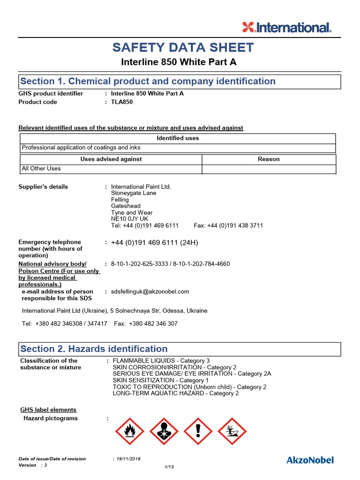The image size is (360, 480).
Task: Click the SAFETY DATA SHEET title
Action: [x=183, y=47]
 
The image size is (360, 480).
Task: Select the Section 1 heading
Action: [x=148, y=81]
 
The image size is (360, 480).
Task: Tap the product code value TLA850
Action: [x=122, y=102]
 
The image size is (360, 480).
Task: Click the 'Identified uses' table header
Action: [x=178, y=138]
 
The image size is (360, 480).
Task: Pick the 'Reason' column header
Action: [x=269, y=159]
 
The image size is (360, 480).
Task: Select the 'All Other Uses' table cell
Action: [x=41, y=168]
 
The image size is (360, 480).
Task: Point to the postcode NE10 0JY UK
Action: [x=129, y=219]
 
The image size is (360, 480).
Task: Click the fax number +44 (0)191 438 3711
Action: [x=228, y=225]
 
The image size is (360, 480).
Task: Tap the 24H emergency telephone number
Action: [x=155, y=242]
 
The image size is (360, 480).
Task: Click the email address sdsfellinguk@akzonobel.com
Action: [x=150, y=292]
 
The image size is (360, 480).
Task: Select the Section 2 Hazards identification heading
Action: [x=94, y=349]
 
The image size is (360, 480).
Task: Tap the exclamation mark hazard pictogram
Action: [x=198, y=431]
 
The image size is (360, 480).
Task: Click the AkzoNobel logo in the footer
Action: [x=310, y=460]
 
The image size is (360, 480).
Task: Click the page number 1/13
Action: [x=169, y=467]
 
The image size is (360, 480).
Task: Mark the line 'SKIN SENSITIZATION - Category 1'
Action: [x=161, y=380]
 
